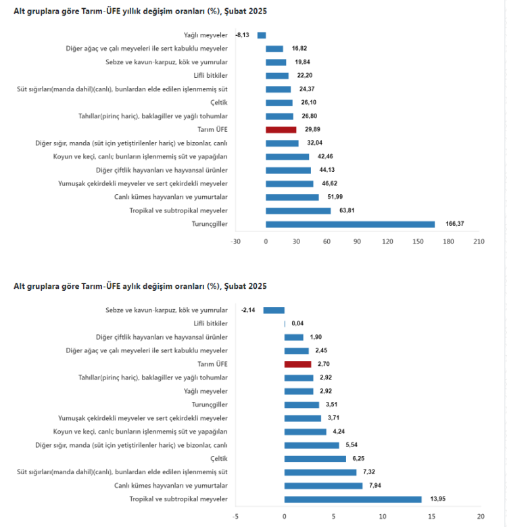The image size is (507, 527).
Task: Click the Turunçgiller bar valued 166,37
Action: click(350, 225)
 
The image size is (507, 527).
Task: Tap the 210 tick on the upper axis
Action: click(479, 241)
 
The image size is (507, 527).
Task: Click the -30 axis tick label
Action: click(235, 241)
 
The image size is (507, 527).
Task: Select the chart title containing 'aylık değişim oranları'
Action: click(140, 286)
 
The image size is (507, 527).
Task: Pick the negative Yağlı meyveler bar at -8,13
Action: click(262, 35)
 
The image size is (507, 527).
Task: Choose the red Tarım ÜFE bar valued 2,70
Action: click(297, 364)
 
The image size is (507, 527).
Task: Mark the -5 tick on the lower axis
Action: click(235, 516)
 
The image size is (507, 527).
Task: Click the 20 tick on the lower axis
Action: click(480, 516)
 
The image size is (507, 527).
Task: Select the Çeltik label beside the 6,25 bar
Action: click(220, 459)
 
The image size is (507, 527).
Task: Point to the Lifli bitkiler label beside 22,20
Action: click(210, 76)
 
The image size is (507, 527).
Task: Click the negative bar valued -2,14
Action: click(274, 310)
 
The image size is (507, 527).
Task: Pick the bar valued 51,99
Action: click(292, 198)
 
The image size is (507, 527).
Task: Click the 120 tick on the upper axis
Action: click(387, 241)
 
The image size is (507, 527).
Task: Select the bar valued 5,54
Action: click(312, 445)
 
